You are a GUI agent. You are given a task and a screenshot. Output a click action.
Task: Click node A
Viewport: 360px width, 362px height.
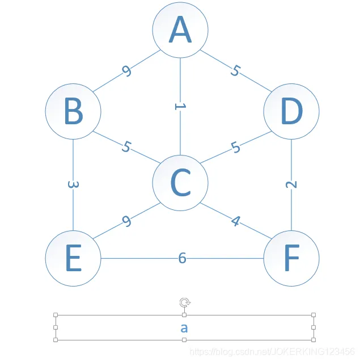(180, 30)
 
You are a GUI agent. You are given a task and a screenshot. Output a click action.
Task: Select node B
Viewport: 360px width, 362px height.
(73, 111)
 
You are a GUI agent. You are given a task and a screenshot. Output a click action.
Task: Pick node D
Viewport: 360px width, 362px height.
(291, 111)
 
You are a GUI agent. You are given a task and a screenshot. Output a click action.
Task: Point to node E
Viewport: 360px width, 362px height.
(73, 258)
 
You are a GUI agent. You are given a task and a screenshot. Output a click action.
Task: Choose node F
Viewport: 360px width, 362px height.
(291, 258)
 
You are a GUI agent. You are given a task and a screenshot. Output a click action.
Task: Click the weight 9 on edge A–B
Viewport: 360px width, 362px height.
(126, 71)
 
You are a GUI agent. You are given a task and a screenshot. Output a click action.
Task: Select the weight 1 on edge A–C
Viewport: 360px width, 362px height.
(180, 106)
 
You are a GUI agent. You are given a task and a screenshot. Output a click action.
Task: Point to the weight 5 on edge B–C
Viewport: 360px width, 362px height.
(126, 146)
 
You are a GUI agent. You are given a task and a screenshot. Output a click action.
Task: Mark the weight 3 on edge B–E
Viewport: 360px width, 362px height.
(73, 184)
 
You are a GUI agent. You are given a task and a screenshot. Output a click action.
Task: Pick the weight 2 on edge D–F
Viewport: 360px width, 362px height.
(291, 184)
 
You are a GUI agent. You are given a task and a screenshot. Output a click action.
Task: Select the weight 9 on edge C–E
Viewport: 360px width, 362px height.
(126, 221)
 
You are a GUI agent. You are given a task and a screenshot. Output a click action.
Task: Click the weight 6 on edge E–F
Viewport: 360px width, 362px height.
(182, 258)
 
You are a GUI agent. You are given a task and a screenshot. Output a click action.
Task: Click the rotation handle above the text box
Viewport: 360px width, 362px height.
(184, 302)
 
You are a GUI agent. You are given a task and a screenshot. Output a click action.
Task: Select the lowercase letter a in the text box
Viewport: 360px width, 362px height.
(184, 327)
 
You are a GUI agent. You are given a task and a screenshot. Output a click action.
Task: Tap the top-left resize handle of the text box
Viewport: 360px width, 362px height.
(56, 314)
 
